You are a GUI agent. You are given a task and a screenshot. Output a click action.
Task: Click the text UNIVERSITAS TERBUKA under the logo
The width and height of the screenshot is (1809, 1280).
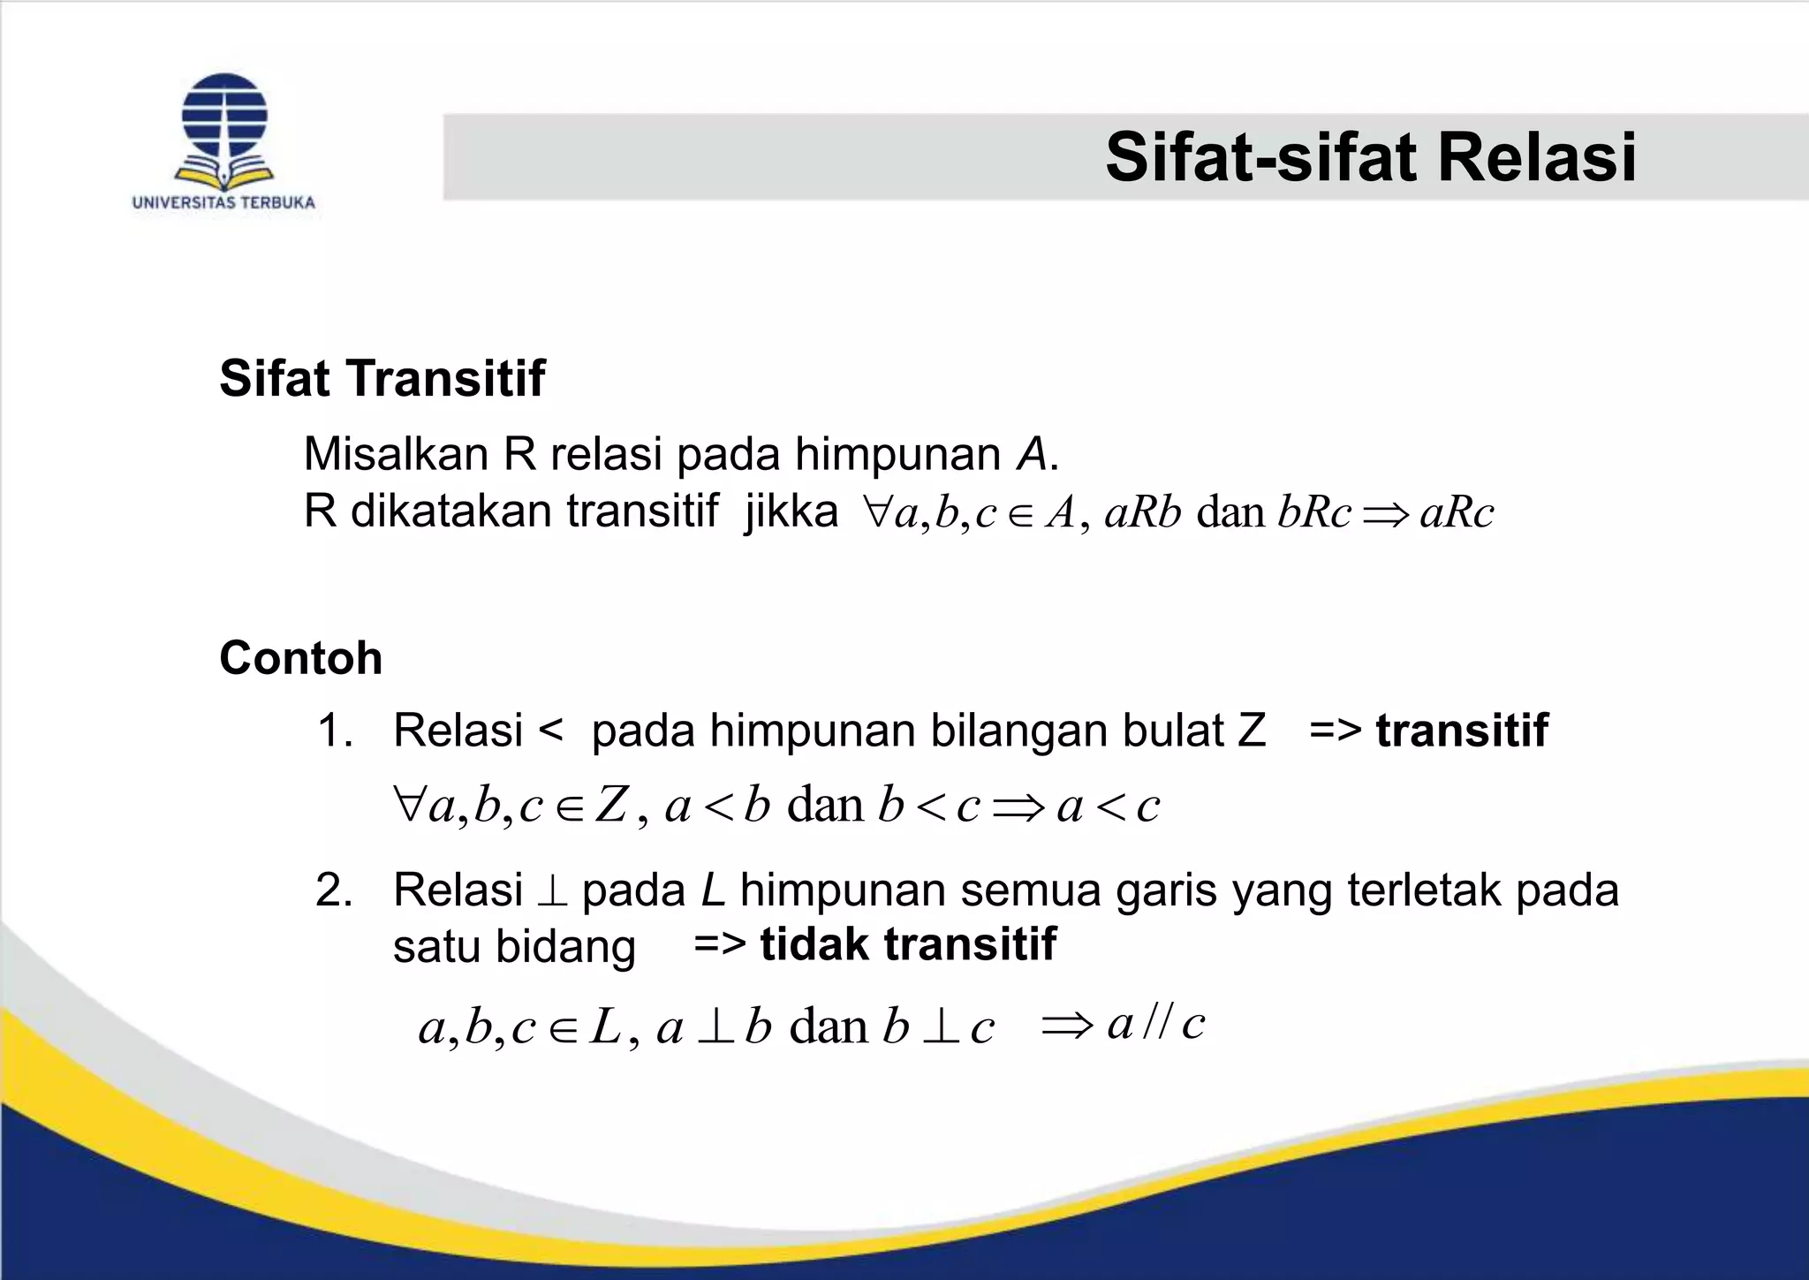(223, 202)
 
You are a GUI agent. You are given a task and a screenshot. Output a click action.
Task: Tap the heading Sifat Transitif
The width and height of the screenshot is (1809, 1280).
(382, 378)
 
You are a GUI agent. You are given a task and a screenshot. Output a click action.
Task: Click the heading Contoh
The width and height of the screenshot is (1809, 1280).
(300, 658)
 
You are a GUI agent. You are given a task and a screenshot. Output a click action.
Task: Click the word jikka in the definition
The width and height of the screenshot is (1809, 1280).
(791, 511)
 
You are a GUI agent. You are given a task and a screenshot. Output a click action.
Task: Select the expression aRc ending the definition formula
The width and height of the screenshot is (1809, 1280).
(1457, 513)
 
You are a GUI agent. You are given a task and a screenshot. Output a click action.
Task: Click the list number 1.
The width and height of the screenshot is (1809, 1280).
(334, 731)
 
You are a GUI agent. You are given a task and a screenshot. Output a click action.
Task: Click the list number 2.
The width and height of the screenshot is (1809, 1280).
(334, 890)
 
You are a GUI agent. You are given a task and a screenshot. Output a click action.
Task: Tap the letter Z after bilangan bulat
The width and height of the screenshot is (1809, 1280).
(1252, 731)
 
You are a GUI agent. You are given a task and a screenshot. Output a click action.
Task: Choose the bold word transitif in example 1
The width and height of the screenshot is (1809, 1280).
(1462, 731)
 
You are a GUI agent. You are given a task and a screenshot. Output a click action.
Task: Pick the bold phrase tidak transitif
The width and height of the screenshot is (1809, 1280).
(908, 944)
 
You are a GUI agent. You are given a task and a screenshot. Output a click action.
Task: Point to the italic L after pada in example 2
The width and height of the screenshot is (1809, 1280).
(713, 890)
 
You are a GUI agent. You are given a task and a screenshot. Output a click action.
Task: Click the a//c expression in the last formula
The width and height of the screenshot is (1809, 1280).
(1155, 1025)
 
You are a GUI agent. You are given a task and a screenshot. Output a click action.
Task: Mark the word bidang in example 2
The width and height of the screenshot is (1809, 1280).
(565, 946)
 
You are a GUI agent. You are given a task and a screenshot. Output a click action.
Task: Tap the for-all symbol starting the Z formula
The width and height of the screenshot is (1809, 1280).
(410, 805)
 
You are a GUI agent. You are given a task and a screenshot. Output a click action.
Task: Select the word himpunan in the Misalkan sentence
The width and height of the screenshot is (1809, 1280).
(898, 454)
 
